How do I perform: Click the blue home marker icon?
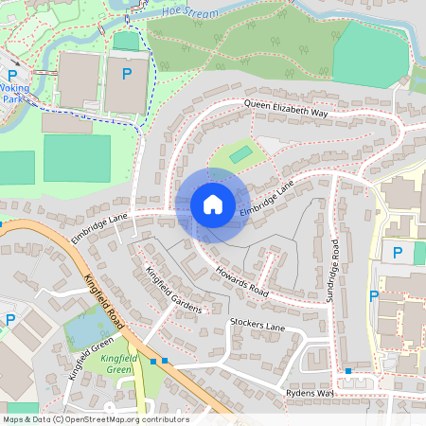tap(212, 204)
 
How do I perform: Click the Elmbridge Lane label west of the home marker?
tap(98, 223)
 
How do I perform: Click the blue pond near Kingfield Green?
tap(85, 331)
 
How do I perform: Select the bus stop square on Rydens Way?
tap(348, 371)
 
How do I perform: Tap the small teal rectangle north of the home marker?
tap(241, 153)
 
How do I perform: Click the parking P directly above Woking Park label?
tap(12, 75)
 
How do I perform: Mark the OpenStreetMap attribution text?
tap(95, 419)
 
